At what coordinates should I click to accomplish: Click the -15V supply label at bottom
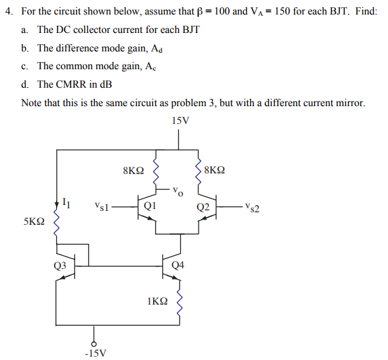pyautogui.click(x=94, y=353)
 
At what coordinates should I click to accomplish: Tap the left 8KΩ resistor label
pyautogui.click(x=133, y=171)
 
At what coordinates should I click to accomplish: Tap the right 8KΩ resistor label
pyautogui.click(x=214, y=171)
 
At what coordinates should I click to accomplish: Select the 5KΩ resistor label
pyautogui.click(x=34, y=222)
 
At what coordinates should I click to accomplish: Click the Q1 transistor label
pyautogui.click(x=150, y=206)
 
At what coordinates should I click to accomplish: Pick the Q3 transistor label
pyautogui.click(x=60, y=266)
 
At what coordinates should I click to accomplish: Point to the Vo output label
pyautogui.click(x=176, y=192)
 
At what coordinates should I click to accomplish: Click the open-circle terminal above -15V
pyautogui.click(x=94, y=343)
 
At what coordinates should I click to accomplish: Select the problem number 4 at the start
pyautogui.click(x=7, y=12)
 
